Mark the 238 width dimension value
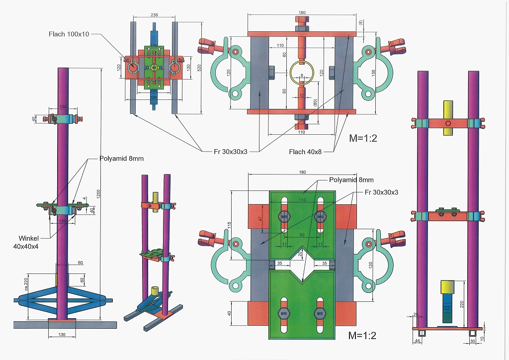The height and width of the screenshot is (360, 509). click(x=154, y=15)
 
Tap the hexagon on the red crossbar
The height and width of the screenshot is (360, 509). click(x=448, y=123)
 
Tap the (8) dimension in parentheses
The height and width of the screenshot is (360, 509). click(x=361, y=23)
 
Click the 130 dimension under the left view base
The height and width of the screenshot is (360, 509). click(x=62, y=335)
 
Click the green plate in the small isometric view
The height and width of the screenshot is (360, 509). click(x=153, y=253)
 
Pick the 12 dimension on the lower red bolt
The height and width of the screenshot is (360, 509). click(x=301, y=95)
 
